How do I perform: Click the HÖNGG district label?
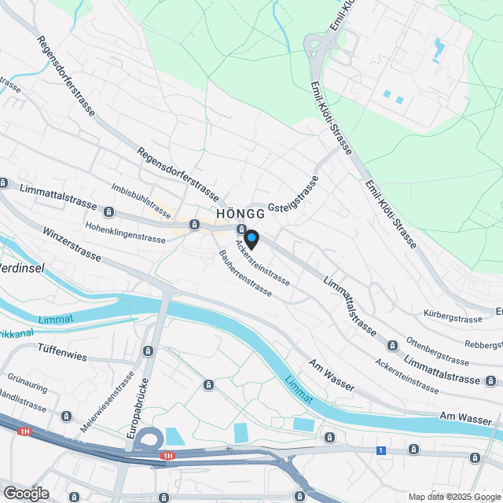(x=240, y=214)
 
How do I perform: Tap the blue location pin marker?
(x=251, y=237)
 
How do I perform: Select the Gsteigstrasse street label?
(x=294, y=194)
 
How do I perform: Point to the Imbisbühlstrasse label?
(x=141, y=200)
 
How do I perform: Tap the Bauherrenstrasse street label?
(x=245, y=273)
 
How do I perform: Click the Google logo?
(x=25, y=493)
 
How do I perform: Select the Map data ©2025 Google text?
(x=453, y=497)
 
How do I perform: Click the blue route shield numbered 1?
(x=381, y=450)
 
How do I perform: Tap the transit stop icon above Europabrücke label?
(x=148, y=351)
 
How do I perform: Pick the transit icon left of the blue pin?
(x=240, y=229)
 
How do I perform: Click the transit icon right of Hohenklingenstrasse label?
(x=193, y=226)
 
